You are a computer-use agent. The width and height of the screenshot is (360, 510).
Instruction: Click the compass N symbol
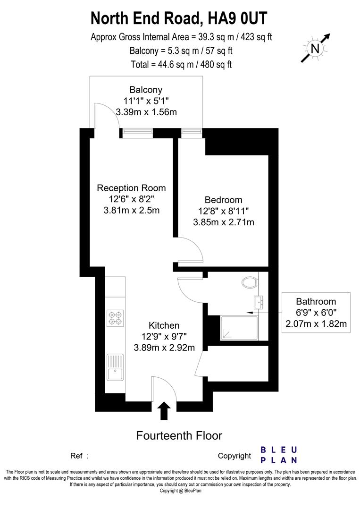[315, 48]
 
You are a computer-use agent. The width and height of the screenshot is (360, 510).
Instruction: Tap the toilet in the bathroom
[249, 283]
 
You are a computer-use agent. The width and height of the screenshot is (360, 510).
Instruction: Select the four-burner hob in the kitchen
[115, 318]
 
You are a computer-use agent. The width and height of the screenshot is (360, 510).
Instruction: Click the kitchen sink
[115, 368]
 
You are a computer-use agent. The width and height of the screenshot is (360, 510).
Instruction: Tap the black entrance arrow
[164, 410]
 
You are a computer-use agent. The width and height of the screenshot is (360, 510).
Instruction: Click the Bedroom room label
[223, 200]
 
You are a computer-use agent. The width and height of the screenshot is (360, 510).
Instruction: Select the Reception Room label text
[131, 188]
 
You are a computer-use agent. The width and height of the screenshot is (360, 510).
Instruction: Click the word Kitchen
[164, 325]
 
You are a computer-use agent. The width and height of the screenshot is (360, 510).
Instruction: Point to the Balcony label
[146, 90]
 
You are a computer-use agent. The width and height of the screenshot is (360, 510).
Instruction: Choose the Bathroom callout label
[316, 301]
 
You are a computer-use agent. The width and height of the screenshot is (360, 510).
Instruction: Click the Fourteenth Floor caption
[179, 435]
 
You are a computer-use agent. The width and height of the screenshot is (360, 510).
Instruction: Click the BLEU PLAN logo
[279, 454]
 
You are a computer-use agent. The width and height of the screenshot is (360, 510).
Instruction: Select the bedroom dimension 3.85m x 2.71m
[223, 221]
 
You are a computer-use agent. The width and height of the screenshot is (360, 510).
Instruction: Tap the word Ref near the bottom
[77, 456]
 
